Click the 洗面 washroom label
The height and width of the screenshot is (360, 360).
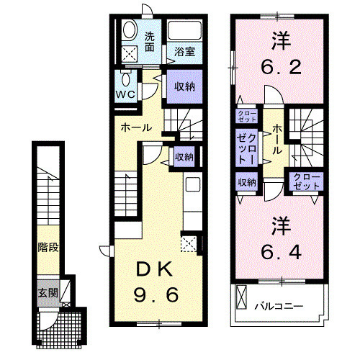[x=149, y=42]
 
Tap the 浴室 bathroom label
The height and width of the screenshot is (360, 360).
[x=184, y=52]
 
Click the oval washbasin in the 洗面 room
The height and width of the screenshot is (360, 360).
[x=130, y=30]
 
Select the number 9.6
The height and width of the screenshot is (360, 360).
[x=156, y=294]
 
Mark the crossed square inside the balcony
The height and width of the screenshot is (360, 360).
[x=241, y=297]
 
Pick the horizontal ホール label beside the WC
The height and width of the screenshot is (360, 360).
[x=136, y=128]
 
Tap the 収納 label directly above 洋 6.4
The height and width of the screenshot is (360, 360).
[x=246, y=182]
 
